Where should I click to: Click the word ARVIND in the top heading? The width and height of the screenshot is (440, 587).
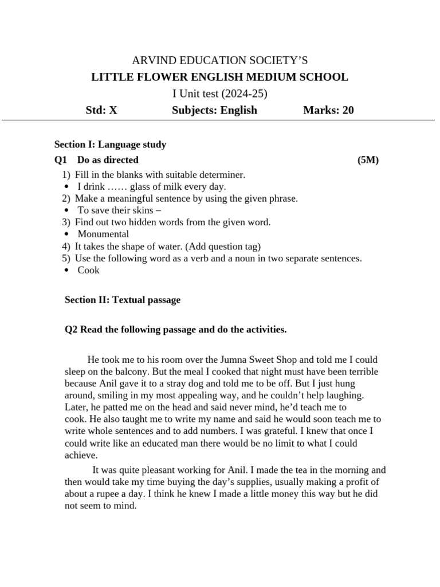point(151,60)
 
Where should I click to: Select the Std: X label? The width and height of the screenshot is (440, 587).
point(101,110)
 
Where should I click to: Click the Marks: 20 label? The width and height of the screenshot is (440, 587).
point(328,110)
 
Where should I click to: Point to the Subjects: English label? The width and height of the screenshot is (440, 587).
point(214,110)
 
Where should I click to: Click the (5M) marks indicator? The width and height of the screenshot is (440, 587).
point(368,160)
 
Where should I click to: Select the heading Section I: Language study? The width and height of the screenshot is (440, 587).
point(110,144)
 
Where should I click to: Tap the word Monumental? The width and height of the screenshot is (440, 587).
point(103,234)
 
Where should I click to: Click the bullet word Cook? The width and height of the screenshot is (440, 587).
point(88,270)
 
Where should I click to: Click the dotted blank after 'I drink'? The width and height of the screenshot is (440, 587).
point(117,186)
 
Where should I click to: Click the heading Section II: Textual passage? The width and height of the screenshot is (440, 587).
point(123,300)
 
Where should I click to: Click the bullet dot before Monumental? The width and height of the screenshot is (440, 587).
point(67,234)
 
